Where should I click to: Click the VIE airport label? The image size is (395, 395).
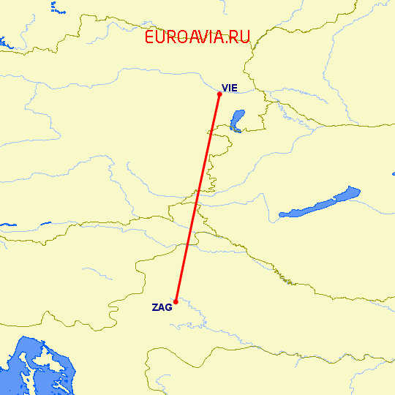coord(230,88)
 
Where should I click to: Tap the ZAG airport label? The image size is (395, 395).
coord(162,307)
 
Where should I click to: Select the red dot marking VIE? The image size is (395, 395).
coord(219,93)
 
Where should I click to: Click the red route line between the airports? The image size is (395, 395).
coord(197,197)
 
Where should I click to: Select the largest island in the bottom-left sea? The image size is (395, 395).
coord(44,362)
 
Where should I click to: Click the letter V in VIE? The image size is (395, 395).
coord(225,88)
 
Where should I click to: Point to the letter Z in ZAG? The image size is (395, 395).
coord(155,307)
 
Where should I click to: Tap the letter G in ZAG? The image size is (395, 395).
coord(169,307)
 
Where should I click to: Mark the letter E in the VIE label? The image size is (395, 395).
coord(235,88)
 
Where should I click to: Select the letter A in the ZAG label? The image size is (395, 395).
coord(162,307)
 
